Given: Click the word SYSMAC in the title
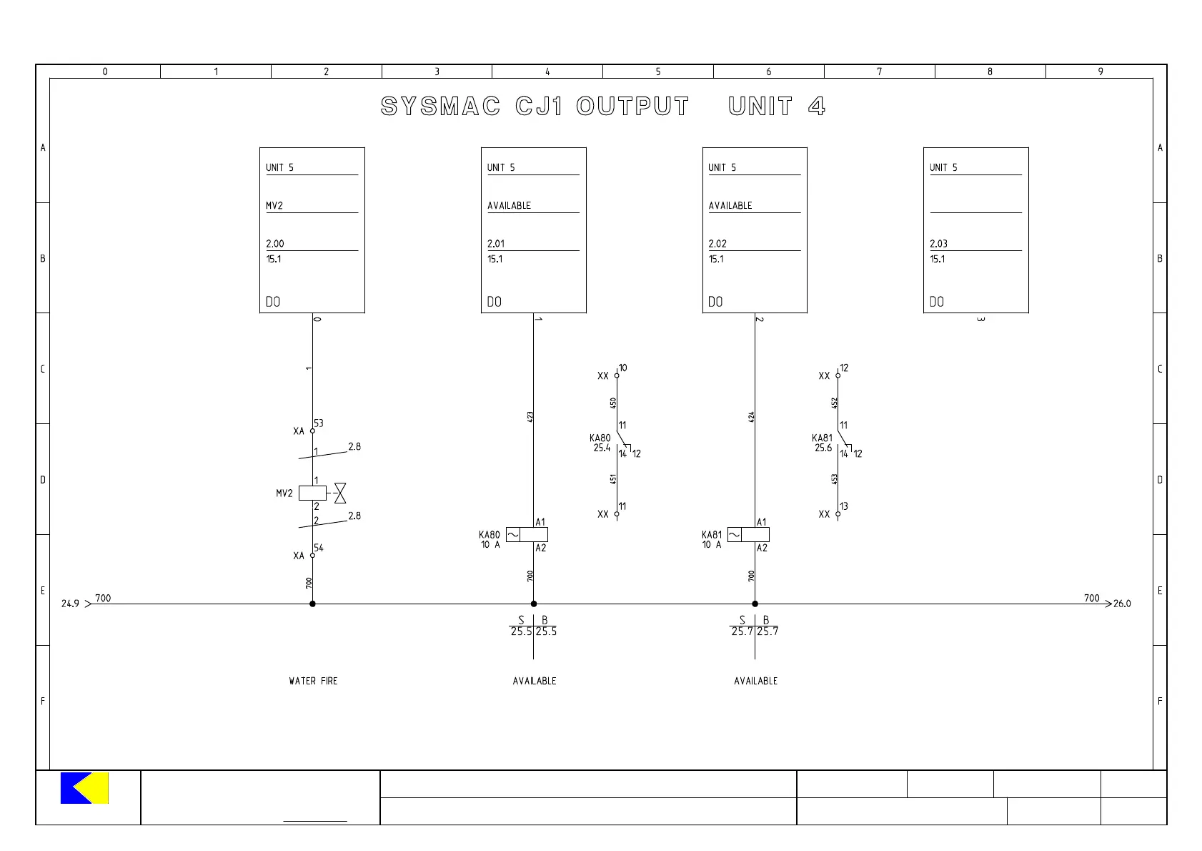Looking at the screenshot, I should pos(440,107).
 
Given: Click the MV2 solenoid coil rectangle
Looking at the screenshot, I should pos(312,493).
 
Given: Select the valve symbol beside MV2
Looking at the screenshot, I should pos(340,493).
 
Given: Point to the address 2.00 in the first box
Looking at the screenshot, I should pos(275,244).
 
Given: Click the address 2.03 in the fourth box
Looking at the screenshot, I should pos(938,244).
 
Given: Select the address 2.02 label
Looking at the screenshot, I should pos(717,244).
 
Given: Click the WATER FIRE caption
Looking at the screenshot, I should pos(313,681).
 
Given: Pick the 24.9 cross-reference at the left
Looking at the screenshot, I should pos(70,604).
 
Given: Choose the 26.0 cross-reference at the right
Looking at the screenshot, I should pos(1122,604).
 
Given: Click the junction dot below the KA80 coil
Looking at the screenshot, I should pos(534,604).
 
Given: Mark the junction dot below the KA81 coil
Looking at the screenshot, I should pos(755,604).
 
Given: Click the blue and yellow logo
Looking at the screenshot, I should pos(84,788).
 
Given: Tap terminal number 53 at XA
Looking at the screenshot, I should pos(319,423).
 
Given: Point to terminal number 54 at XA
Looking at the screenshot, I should pos(319,548).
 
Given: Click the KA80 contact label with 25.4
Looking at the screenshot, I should pos(600,443).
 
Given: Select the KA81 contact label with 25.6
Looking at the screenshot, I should pos(822,443).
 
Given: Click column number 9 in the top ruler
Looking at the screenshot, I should pos(1101,72).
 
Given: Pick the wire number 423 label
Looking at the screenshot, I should pos(530,415).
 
